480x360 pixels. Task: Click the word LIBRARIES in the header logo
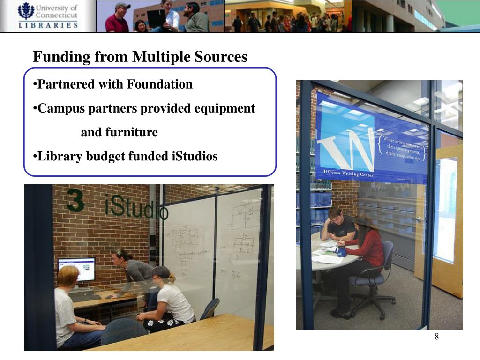click(x=48, y=25)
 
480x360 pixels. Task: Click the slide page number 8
click(x=436, y=337)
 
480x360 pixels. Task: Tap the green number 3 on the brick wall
click(x=75, y=201)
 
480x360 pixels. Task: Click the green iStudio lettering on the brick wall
click(x=136, y=209)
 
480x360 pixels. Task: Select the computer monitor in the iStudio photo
click(x=76, y=270)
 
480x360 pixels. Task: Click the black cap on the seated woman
click(x=161, y=272)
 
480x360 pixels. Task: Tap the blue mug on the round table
click(x=341, y=251)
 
